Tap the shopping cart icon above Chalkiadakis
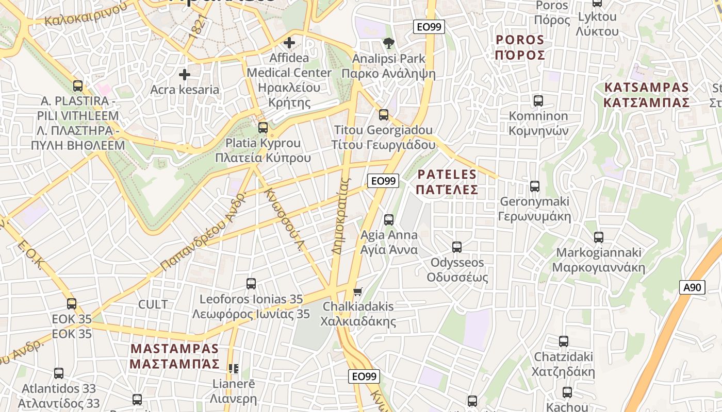pyautogui.click(x=357, y=291)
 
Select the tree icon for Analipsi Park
pyautogui.click(x=388, y=43)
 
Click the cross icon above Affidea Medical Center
pyautogui.click(x=289, y=43)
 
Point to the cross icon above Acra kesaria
pyautogui.click(x=184, y=75)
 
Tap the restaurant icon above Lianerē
pyautogui.click(x=234, y=368)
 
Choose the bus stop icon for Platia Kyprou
pyautogui.click(x=263, y=127)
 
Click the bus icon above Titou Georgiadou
pyautogui.click(x=383, y=115)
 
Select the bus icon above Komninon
pyautogui.click(x=538, y=100)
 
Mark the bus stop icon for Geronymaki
pyautogui.click(x=535, y=186)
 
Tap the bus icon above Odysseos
pyautogui.click(x=457, y=247)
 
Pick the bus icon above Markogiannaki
pyautogui.click(x=598, y=237)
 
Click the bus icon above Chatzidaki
pyautogui.click(x=564, y=341)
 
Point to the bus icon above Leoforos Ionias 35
pyautogui.click(x=251, y=283)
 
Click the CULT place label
pyautogui.click(x=153, y=304)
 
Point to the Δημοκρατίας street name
pyautogui.click(x=341, y=216)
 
